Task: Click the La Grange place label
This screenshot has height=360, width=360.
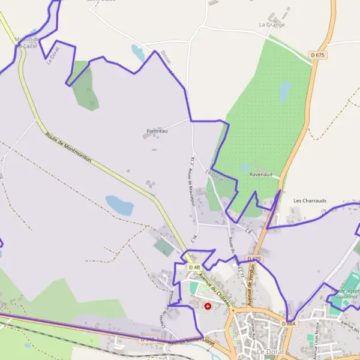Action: click(x=272, y=25)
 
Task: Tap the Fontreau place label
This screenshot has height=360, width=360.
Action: click(x=157, y=130)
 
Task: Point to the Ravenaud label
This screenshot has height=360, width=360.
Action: click(x=261, y=174)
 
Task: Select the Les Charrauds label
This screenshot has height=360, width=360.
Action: click(x=310, y=200)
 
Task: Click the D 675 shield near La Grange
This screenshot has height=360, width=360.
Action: click(x=318, y=55)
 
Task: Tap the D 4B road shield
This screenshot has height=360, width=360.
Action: click(x=194, y=267)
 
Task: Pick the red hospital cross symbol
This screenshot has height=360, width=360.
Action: click(x=208, y=306)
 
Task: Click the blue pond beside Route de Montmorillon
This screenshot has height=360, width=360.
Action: click(x=119, y=205)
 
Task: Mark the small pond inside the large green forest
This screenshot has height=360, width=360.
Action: click(x=285, y=91)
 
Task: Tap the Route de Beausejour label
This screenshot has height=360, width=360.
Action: click(x=191, y=188)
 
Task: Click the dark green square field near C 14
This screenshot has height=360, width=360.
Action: click(x=163, y=247)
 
